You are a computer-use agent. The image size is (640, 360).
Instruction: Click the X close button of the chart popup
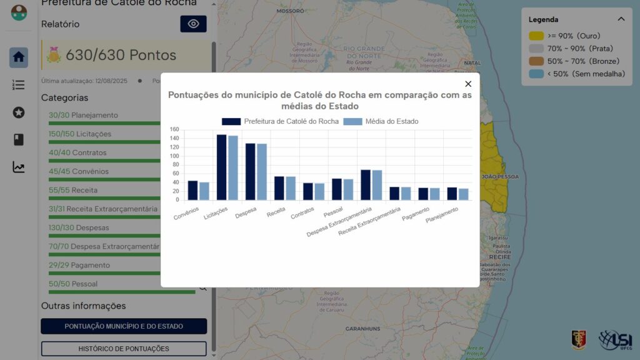click(x=468, y=84)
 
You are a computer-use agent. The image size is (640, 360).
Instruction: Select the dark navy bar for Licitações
click(x=221, y=167)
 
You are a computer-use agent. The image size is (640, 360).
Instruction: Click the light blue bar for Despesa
click(x=262, y=172)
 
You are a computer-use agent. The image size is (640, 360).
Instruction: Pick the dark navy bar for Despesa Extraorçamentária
click(x=366, y=184)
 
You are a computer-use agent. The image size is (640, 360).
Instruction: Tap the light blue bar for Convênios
click(x=204, y=191)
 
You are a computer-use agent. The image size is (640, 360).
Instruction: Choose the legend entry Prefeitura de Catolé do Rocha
click(x=281, y=121)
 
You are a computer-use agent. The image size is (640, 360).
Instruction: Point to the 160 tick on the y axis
click(x=174, y=130)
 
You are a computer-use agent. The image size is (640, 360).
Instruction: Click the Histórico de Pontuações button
click(x=124, y=349)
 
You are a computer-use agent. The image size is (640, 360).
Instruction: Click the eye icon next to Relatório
click(x=193, y=24)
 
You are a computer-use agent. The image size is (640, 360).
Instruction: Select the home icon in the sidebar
click(x=19, y=57)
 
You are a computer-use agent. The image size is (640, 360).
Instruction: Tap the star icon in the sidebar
click(x=19, y=112)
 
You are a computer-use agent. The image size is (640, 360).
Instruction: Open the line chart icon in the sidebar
click(x=19, y=167)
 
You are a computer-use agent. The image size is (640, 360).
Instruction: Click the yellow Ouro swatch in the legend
click(x=536, y=36)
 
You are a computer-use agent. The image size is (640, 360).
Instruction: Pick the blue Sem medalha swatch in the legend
click(x=536, y=74)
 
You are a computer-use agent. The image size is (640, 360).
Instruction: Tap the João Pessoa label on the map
click(x=500, y=177)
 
